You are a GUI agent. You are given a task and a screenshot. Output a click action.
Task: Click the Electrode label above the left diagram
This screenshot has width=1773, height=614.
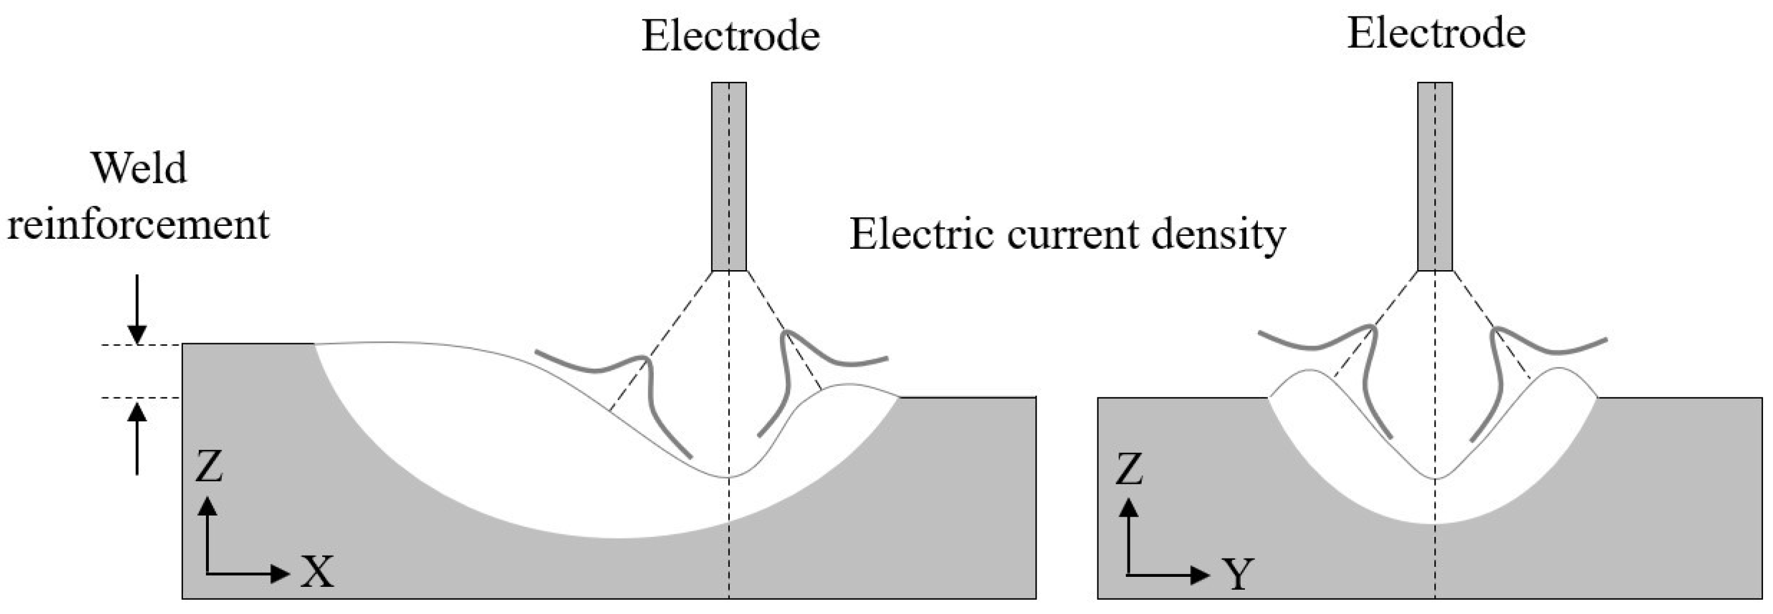730,37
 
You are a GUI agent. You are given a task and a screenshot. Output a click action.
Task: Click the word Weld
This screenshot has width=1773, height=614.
139,169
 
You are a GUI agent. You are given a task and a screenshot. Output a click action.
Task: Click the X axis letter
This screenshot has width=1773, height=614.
317,573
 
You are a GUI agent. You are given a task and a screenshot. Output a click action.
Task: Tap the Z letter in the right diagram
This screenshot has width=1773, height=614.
1129,469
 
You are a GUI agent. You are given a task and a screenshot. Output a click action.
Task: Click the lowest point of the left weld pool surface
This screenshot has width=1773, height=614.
728,477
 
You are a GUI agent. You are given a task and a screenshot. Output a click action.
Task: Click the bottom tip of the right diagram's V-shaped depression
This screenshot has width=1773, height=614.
1435,478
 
